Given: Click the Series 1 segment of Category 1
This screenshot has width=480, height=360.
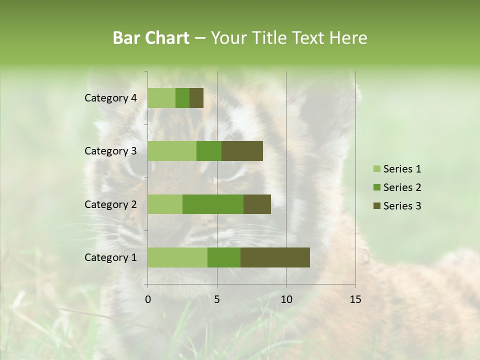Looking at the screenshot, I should [177, 257].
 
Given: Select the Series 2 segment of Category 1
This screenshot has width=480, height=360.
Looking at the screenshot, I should [224, 257].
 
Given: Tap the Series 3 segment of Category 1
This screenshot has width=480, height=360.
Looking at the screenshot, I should [275, 257].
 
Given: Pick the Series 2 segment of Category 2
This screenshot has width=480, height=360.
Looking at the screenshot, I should [213, 204].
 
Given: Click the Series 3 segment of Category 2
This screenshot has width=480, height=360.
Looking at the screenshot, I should [257, 204].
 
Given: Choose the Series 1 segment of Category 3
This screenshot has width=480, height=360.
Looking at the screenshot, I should [172, 151].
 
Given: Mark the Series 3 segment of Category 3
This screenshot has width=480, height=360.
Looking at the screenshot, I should [242, 151].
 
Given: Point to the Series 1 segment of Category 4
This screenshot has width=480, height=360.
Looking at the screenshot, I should [161, 98].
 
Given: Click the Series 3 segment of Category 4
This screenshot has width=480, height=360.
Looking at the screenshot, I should [196, 98].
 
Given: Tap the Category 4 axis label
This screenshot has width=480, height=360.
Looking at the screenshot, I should [110, 98].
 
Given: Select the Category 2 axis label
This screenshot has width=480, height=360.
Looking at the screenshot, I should [110, 204].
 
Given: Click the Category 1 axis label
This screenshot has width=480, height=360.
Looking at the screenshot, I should [110, 257].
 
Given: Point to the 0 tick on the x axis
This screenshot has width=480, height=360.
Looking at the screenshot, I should [148, 299].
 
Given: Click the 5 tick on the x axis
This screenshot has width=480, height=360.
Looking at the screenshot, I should [217, 299].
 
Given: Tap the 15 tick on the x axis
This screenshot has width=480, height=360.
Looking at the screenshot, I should [355, 299].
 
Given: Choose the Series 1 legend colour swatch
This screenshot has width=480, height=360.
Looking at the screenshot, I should [376, 169].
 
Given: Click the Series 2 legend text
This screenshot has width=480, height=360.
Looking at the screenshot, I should [402, 187].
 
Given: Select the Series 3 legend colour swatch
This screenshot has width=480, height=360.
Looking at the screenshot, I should [376, 206].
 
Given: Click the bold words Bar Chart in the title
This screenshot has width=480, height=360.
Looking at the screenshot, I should [151, 38].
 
